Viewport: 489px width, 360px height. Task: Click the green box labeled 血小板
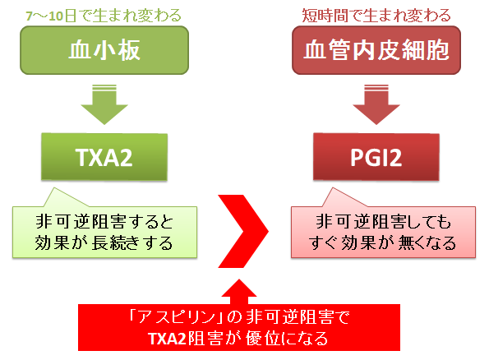104,50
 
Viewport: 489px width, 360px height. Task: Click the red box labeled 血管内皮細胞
376,50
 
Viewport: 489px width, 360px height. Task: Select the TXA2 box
104,157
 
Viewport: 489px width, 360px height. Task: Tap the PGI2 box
376,157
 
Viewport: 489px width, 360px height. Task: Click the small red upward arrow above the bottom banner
239,292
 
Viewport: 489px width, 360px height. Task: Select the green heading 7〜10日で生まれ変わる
104,16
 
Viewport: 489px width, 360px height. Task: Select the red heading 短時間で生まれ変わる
376,16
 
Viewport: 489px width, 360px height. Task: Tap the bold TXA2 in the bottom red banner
168,339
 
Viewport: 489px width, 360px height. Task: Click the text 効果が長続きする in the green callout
104,243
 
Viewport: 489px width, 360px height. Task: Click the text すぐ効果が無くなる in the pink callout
383,243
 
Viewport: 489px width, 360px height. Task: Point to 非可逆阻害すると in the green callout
104,222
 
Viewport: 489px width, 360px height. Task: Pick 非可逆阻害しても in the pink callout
384,222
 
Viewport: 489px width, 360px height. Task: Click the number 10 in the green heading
56,16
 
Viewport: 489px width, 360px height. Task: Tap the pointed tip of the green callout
54,187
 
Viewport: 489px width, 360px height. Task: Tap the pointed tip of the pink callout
333,187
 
